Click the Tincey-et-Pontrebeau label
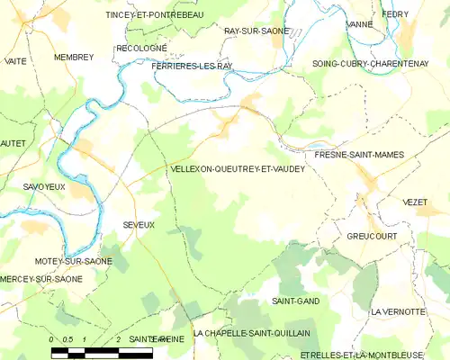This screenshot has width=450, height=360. click(155, 15)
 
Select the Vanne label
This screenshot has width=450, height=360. click(358, 24)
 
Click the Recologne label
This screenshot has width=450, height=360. click(141, 47)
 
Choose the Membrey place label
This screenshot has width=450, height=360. click(74, 57)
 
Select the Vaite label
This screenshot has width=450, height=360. click(15, 60)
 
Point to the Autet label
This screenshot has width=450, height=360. click(13, 143)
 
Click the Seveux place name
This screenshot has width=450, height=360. click(139, 224)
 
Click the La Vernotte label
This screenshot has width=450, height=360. click(397, 311)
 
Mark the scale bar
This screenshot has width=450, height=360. click(101, 349)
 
